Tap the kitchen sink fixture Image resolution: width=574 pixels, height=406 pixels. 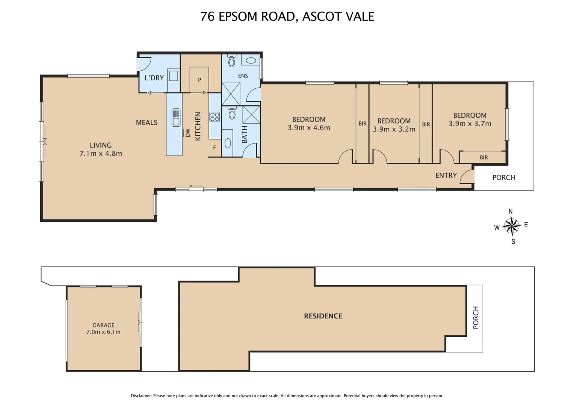pyautogui.click(x=176, y=117)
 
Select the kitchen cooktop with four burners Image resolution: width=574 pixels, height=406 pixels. pyautogui.click(x=214, y=117)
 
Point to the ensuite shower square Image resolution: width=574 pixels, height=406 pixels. pyautogui.click(x=231, y=94)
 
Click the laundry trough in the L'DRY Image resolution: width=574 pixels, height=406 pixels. pyautogui.click(x=173, y=76)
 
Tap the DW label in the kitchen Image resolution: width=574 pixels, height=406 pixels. pyautogui.click(x=187, y=133)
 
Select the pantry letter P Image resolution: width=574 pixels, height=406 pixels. pyautogui.click(x=199, y=80)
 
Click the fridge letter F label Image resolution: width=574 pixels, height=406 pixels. pyautogui.click(x=214, y=148)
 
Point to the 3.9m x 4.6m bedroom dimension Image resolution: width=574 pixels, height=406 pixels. pyautogui.click(x=309, y=128)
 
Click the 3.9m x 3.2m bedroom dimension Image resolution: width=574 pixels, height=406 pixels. pyautogui.click(x=394, y=129)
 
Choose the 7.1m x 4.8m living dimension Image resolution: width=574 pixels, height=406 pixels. pyautogui.click(x=101, y=153)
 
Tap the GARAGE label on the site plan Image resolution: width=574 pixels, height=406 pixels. pyautogui.click(x=103, y=325)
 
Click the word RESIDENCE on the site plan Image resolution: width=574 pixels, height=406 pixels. pyautogui.click(x=323, y=316)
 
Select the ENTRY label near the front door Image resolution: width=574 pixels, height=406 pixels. pyautogui.click(x=446, y=176)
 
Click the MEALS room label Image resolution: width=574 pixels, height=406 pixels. pyautogui.click(x=147, y=123)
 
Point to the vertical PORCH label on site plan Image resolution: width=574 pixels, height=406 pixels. pyautogui.click(x=476, y=318)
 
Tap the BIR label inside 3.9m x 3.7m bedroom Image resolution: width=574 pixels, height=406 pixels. pyautogui.click(x=483, y=158)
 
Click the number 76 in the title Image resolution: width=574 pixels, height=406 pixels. pyautogui.click(x=207, y=17)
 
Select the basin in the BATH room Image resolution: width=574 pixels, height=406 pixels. pyautogui.click(x=228, y=143)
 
